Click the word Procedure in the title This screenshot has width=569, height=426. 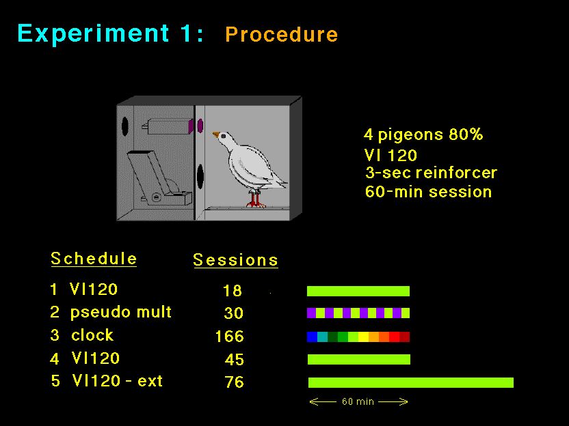tap(281, 35)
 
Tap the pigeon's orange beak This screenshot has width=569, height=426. tap(216, 134)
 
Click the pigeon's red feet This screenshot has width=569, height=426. tap(255, 199)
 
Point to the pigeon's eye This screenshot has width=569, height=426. tap(223, 137)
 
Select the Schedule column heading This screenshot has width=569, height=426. tap(94, 259)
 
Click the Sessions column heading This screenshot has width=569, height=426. tap(235, 260)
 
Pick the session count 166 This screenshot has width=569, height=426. tap(229, 336)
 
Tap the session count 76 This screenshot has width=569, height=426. tap(234, 382)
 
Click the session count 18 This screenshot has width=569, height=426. tap(233, 291)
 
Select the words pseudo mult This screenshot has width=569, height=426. tap(121, 313)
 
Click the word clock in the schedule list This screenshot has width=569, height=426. tap(92, 335)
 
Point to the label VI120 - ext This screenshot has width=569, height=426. tap(117, 381)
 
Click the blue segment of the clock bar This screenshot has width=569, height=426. tap(312, 337)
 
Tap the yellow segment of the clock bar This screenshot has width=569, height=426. tap(363, 337)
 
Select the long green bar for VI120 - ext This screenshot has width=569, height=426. tap(411, 382)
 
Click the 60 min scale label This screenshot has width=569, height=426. tap(358, 401)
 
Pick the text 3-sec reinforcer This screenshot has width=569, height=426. tap(431, 173)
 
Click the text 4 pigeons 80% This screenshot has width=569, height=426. tap(423, 134)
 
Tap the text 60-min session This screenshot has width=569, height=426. tap(429, 192)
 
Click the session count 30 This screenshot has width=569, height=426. tap(233, 313)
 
